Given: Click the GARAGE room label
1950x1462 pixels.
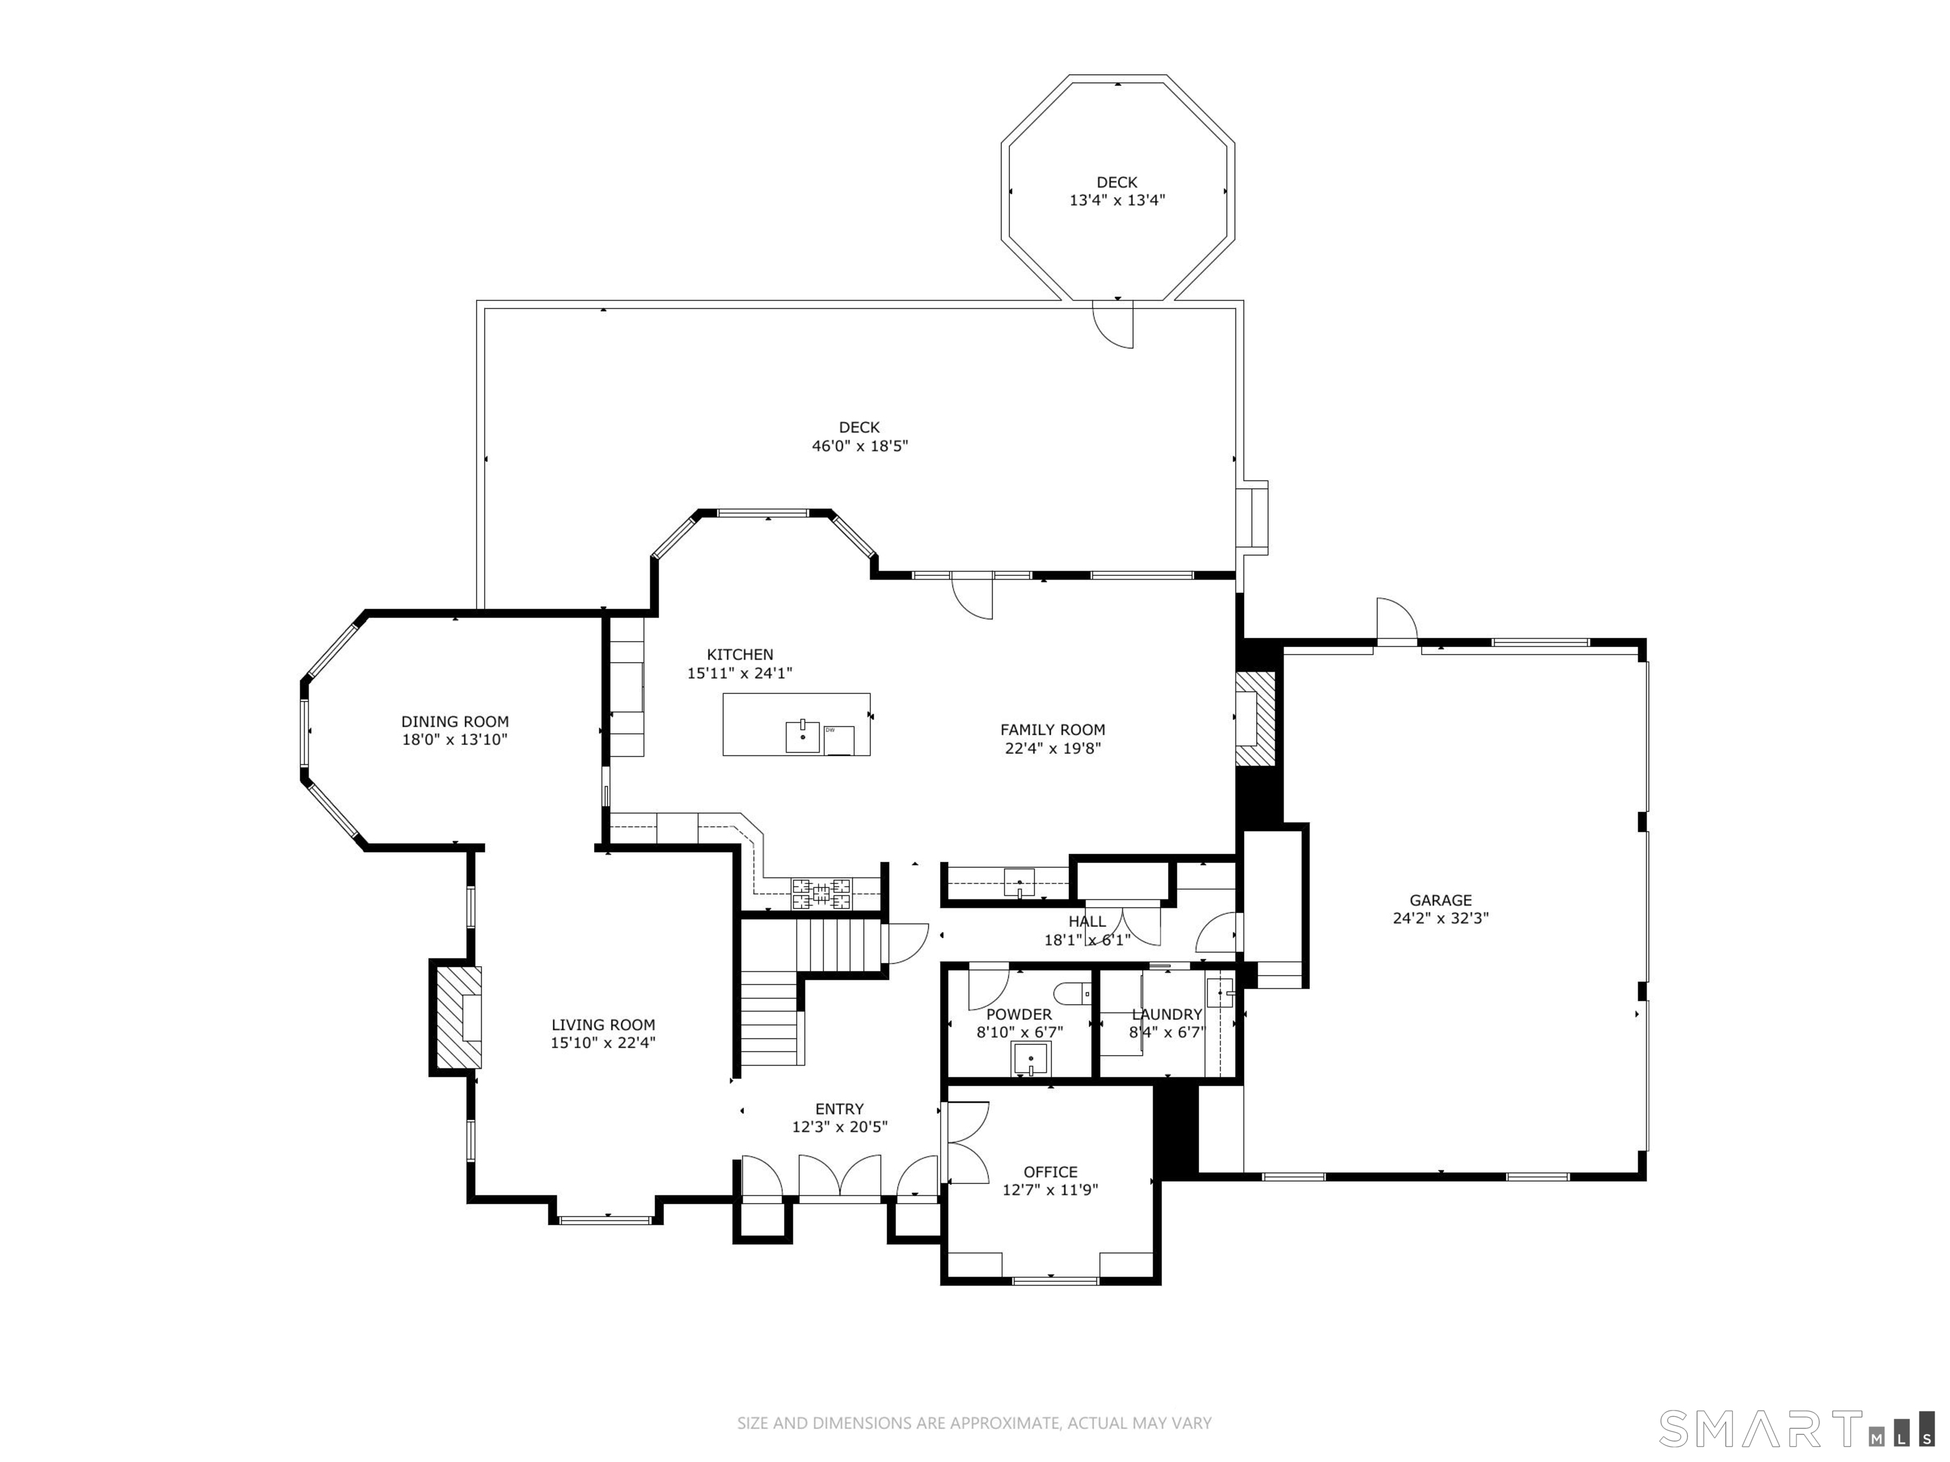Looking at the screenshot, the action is pos(1440,900).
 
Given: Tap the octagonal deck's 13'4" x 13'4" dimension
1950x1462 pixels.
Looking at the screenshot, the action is pos(1117,200).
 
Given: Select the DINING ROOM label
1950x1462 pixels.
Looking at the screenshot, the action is pos(455,721).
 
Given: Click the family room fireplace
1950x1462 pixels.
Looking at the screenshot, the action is pos(1256,719).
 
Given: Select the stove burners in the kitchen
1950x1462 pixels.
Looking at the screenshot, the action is pos(821,893).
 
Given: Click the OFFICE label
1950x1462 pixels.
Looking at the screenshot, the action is pos(1050,1172).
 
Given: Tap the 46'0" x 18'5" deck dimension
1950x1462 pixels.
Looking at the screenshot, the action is pos(859,446).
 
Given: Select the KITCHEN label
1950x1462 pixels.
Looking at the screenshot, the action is pos(740,655).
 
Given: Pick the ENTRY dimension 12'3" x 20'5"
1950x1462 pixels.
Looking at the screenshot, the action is pos(839,1126).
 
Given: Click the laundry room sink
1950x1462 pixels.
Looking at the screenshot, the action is pos(1220,993).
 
